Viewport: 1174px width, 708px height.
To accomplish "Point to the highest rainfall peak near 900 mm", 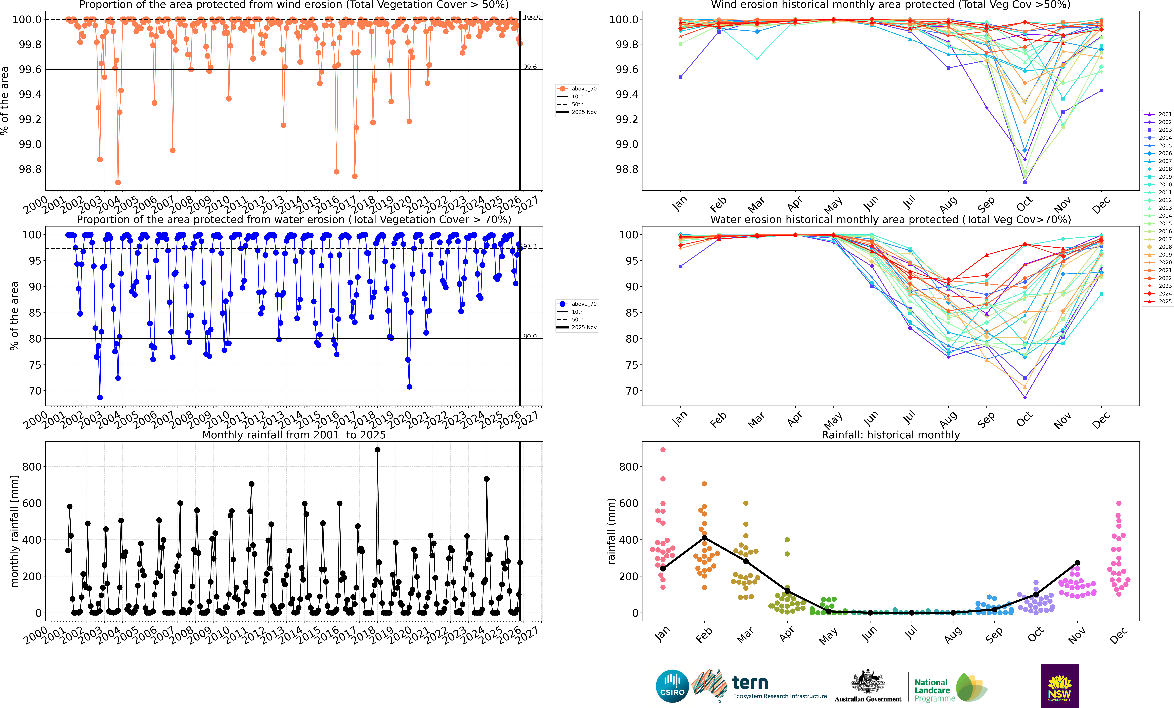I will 377,449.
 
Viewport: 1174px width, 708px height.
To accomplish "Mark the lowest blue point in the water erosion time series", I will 100,398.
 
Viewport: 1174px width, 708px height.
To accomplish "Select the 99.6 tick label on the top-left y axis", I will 30,69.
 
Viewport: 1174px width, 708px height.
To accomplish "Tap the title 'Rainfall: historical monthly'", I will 890,435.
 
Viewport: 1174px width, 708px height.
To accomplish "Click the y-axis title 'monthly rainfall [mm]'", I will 14,531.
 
